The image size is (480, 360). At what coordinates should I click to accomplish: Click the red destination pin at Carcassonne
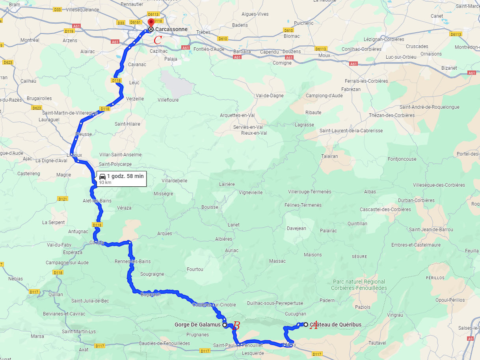(x=151, y=22)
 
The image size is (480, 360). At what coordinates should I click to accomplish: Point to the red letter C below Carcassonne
(x=158, y=40)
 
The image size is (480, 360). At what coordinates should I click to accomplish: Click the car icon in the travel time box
(x=102, y=176)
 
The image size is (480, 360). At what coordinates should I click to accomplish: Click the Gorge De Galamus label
(x=197, y=325)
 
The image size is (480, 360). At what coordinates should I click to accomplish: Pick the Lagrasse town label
(x=304, y=125)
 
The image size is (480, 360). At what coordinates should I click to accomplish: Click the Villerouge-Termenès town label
(x=309, y=192)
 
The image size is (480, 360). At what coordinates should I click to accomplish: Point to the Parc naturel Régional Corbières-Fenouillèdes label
(x=359, y=285)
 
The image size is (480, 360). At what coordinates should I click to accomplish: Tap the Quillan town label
(x=55, y=294)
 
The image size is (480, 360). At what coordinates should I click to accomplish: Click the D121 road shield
(x=63, y=199)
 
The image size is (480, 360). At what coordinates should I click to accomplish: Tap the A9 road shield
(x=470, y=338)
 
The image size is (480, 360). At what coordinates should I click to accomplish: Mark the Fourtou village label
(x=195, y=269)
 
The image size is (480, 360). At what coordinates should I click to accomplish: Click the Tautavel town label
(x=378, y=343)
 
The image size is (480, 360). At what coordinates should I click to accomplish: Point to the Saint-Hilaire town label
(x=127, y=124)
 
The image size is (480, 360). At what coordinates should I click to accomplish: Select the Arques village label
(x=165, y=234)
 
